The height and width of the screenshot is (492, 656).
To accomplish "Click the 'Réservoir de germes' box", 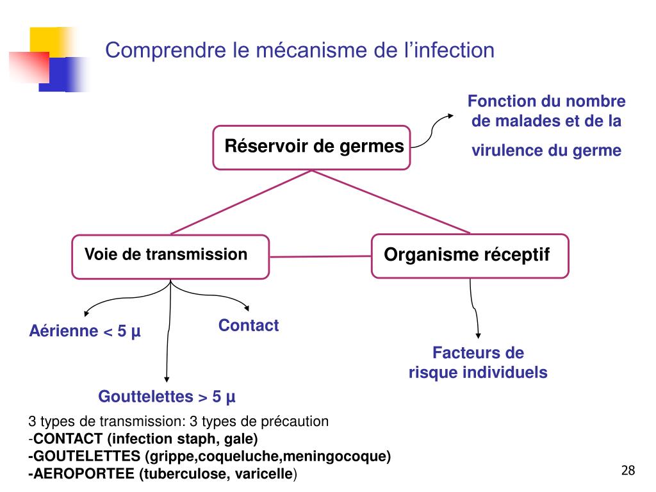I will (311, 147).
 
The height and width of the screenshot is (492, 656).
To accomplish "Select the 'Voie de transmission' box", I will (169, 256).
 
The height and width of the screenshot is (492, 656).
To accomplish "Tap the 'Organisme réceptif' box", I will (470, 256).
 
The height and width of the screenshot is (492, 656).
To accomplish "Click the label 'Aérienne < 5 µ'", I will (85, 332).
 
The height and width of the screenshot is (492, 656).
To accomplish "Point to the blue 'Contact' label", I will (249, 325).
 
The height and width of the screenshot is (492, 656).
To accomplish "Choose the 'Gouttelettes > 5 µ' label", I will (167, 397).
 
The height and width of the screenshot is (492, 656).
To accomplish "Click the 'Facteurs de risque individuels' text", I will (478, 363).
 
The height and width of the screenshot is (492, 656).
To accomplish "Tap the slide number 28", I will (628, 471).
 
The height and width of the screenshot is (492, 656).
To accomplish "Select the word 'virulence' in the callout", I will (507, 151).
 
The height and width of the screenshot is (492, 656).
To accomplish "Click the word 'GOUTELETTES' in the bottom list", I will (86, 457).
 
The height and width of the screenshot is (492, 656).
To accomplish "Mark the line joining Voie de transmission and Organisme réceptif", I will (320, 257).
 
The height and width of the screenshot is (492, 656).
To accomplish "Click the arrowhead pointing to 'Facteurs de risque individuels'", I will (479, 335).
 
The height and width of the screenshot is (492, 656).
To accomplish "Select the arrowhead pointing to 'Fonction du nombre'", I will (450, 115).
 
